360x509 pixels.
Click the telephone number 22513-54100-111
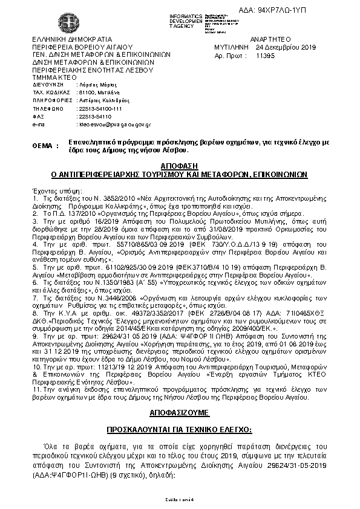(x=100, y=109)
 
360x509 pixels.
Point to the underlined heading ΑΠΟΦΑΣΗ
(x=180, y=165)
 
